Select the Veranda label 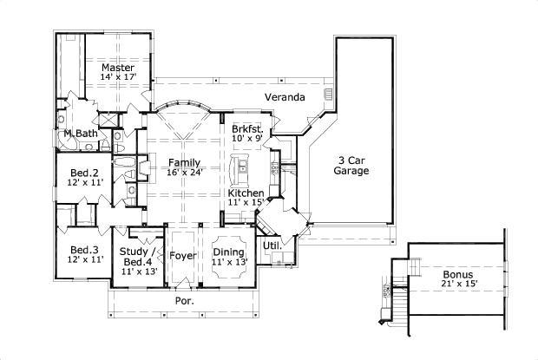[285, 96]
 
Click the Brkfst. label [246, 128]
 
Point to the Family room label [184, 162]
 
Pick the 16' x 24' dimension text [184, 172]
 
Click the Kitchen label [246, 192]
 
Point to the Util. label [272, 245]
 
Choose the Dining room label [229, 253]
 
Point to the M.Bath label [80, 133]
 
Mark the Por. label [185, 300]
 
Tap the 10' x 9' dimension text [246, 138]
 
